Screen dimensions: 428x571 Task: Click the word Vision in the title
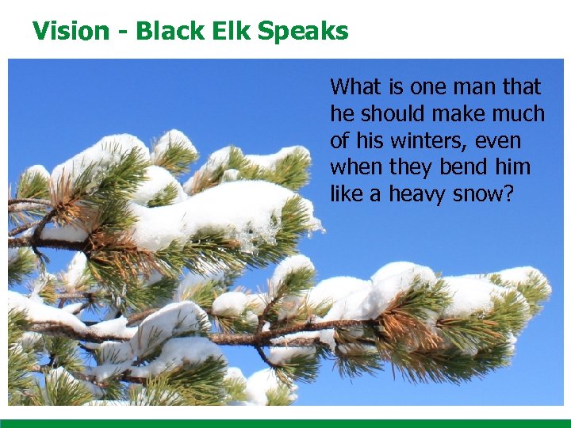[71, 31]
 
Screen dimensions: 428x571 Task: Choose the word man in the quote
[472, 86]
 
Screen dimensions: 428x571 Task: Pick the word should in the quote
[388, 114]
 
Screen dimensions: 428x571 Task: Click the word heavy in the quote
[418, 196]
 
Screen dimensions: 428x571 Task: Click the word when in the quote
[354, 168]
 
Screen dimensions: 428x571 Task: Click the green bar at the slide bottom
[285, 423]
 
